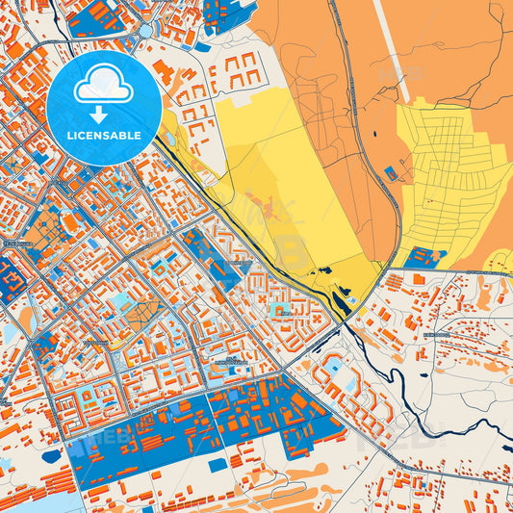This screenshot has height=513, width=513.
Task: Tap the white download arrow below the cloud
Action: click(104, 114)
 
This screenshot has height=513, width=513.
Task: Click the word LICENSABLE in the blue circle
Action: click(104, 136)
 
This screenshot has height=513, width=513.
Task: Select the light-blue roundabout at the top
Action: click(145, 30)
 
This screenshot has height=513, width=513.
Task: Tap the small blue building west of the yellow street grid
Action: click(389, 172)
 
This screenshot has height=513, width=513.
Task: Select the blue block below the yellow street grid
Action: click(423, 258)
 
